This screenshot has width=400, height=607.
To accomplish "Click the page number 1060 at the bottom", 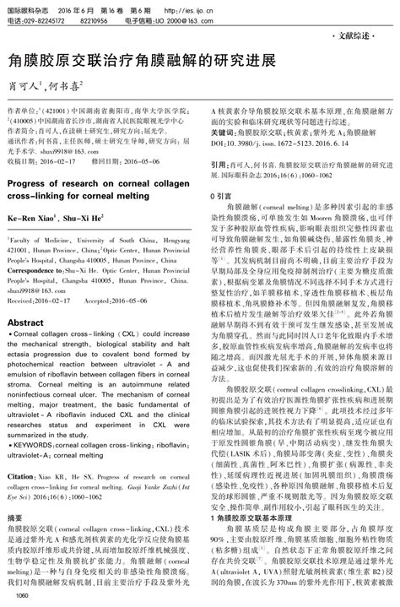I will (x=21, y=596).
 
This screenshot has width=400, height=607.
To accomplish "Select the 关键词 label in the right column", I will (x=222, y=133).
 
